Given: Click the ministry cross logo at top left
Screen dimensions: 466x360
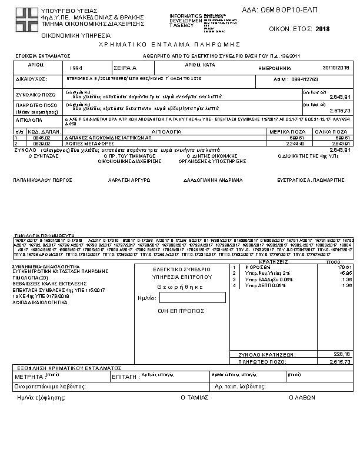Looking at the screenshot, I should click(x=26, y=18).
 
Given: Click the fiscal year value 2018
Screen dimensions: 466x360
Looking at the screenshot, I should click(x=323, y=29).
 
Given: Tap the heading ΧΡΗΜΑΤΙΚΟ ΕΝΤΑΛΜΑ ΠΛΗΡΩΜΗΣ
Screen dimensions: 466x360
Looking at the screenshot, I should click(x=171, y=44).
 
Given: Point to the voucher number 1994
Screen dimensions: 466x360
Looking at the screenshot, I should click(x=76, y=68).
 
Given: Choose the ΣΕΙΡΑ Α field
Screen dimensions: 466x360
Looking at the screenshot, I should click(x=125, y=68).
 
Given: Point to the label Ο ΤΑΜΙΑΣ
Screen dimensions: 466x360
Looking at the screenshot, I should click(x=195, y=397).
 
